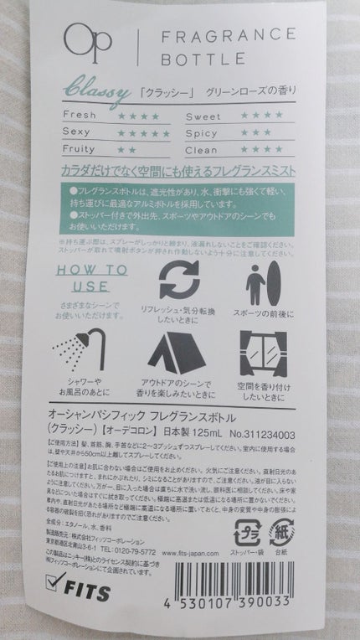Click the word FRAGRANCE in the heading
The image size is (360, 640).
pyautogui.click(x=224, y=35)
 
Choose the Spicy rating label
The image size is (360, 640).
pyautogui.click(x=202, y=132)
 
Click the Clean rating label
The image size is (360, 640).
pyautogui.click(x=202, y=148)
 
